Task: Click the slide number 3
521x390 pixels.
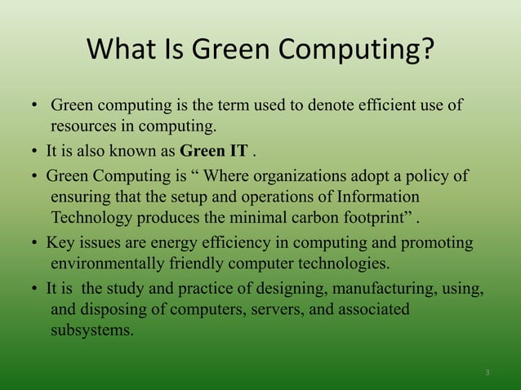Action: (x=487, y=373)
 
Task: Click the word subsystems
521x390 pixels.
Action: (x=91, y=331)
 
